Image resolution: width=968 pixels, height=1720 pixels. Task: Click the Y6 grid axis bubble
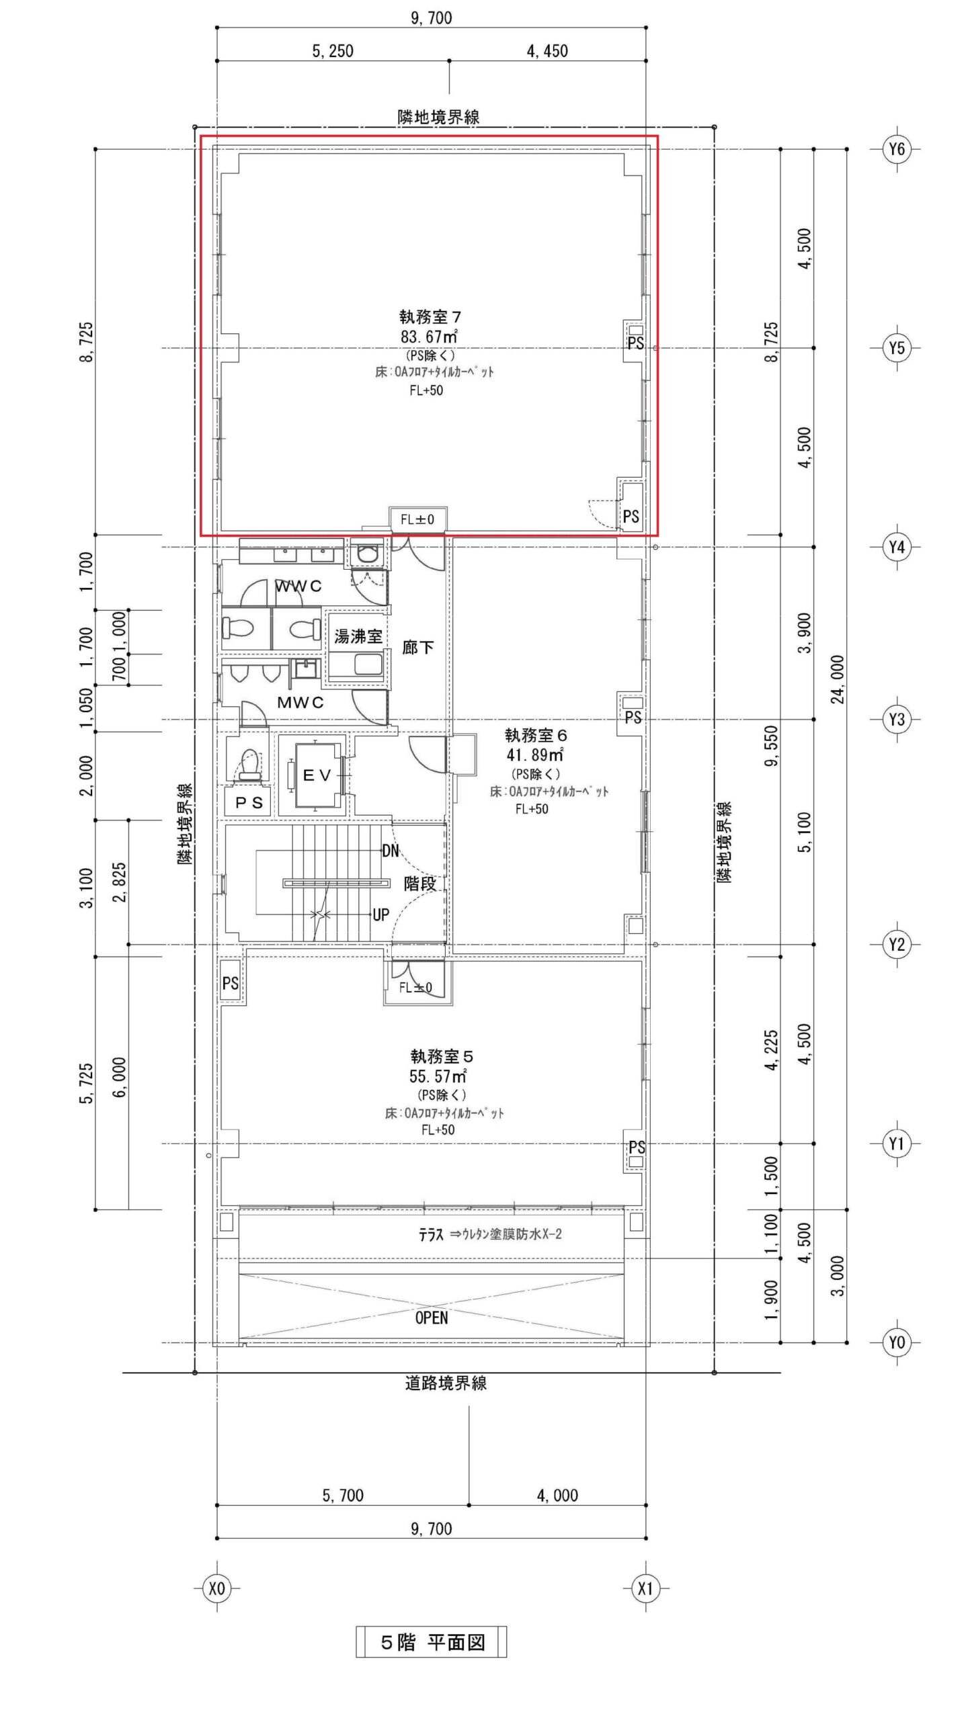point(897,148)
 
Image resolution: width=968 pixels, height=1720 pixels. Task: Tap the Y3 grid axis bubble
point(897,720)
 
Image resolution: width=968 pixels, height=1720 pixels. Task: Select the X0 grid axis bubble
point(216,1588)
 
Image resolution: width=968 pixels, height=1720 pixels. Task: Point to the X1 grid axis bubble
point(645,1588)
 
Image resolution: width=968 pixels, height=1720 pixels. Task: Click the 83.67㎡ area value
point(430,335)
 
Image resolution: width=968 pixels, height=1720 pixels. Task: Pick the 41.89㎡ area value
point(535,755)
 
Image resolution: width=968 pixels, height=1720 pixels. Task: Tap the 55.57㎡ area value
point(438,1076)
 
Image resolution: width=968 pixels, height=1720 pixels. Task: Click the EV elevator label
point(317,775)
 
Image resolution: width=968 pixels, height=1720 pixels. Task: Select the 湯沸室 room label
point(358,636)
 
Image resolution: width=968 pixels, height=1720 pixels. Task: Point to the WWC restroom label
point(298,586)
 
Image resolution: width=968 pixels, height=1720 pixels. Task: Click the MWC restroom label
point(300,703)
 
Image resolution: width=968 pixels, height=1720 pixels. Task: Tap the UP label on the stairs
point(380,914)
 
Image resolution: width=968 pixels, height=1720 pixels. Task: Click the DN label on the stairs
point(391,851)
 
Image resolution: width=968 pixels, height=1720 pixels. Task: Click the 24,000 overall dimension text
point(838,679)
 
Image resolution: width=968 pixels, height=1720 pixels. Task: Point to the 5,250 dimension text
point(333,51)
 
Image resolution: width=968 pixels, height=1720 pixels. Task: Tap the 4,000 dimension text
point(557,1496)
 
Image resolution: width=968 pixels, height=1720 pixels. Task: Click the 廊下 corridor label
point(418,647)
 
